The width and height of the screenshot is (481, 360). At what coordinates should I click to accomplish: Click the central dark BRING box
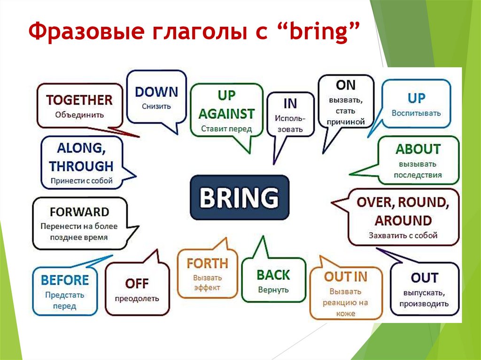[239, 198]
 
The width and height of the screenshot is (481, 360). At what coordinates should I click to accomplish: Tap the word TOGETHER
[79, 100]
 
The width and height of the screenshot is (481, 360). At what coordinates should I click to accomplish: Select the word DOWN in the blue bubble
[156, 92]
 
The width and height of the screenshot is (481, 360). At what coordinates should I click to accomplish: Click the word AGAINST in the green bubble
[226, 114]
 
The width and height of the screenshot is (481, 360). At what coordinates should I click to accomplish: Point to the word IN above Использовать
[290, 103]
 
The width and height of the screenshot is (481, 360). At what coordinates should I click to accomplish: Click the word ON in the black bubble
[345, 85]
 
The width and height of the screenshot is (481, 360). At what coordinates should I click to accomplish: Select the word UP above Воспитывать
[416, 98]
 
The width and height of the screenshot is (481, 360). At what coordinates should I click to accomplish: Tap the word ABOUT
[418, 149]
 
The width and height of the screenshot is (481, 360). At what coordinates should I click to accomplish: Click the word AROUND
[403, 221]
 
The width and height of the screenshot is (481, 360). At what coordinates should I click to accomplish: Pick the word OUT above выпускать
[424, 278]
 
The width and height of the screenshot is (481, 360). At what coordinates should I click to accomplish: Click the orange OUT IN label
[345, 277]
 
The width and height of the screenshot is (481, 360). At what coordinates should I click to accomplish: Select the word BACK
[273, 275]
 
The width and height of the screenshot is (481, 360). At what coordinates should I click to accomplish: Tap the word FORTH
[207, 263]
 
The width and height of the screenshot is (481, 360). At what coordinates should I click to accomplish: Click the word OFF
[137, 283]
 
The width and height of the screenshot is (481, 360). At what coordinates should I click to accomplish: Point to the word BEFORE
[65, 280]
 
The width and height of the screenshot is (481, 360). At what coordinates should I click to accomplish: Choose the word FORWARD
[79, 212]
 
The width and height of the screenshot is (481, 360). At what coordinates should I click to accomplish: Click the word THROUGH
[81, 166]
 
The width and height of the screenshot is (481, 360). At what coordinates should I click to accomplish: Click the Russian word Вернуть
[273, 290]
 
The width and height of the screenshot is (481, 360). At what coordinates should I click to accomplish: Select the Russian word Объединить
[79, 114]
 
